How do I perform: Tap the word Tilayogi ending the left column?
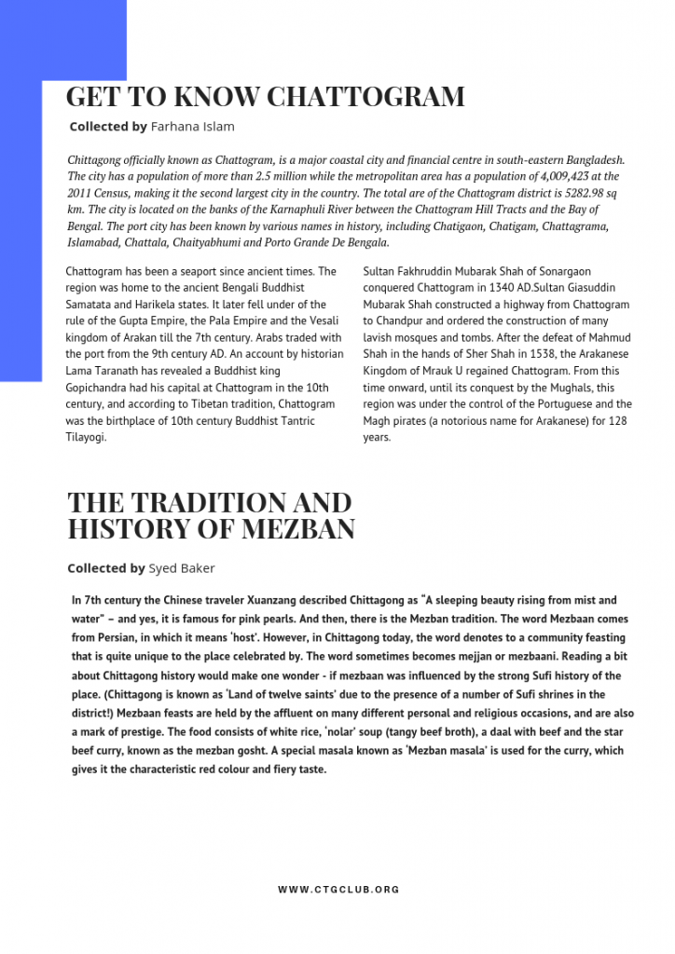86,437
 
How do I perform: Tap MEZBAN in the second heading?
299,529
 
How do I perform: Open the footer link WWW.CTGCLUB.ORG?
338,890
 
